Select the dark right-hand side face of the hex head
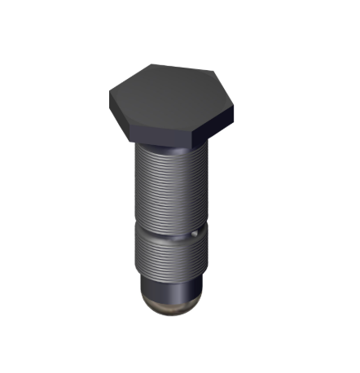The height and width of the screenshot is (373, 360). [x=215, y=122]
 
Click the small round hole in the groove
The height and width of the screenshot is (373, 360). [x=195, y=233]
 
